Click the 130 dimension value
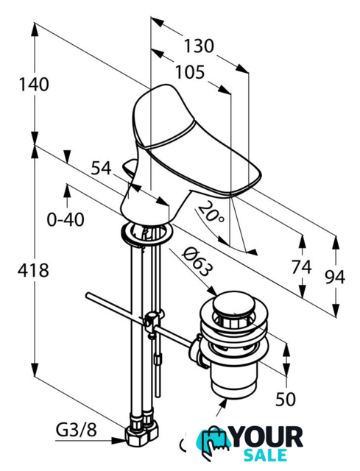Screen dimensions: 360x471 (x=199, y=46)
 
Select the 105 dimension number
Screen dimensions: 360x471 (x=190, y=72)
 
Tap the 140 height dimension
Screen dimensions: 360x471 (x=34, y=85)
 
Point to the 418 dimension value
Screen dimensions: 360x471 (x=33, y=270)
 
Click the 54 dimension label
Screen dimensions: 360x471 (x=102, y=168)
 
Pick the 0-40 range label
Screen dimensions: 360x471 (x=66, y=219)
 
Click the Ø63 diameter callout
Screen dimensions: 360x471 (x=197, y=261)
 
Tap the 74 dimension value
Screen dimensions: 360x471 (x=301, y=267)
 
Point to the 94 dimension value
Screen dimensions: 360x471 (x=335, y=277)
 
